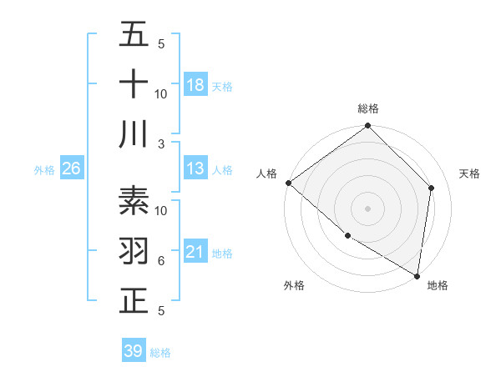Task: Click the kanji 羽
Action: coord(134,250)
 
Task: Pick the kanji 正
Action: coord(134,300)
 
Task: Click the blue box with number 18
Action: coord(195,84)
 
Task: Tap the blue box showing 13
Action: coord(195,168)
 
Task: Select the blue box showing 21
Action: coord(195,252)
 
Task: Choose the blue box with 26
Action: coord(71,168)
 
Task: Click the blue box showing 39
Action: coord(133,351)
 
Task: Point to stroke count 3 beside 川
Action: coord(162,143)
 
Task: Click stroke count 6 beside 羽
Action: coord(161,260)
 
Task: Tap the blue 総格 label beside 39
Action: coord(160,352)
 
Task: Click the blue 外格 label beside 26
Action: coord(44,169)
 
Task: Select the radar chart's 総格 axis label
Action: coord(367,108)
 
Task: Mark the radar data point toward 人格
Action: coord(288,183)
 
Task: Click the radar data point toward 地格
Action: coord(417,274)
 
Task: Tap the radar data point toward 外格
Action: coord(347,235)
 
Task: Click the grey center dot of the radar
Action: coord(367,208)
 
